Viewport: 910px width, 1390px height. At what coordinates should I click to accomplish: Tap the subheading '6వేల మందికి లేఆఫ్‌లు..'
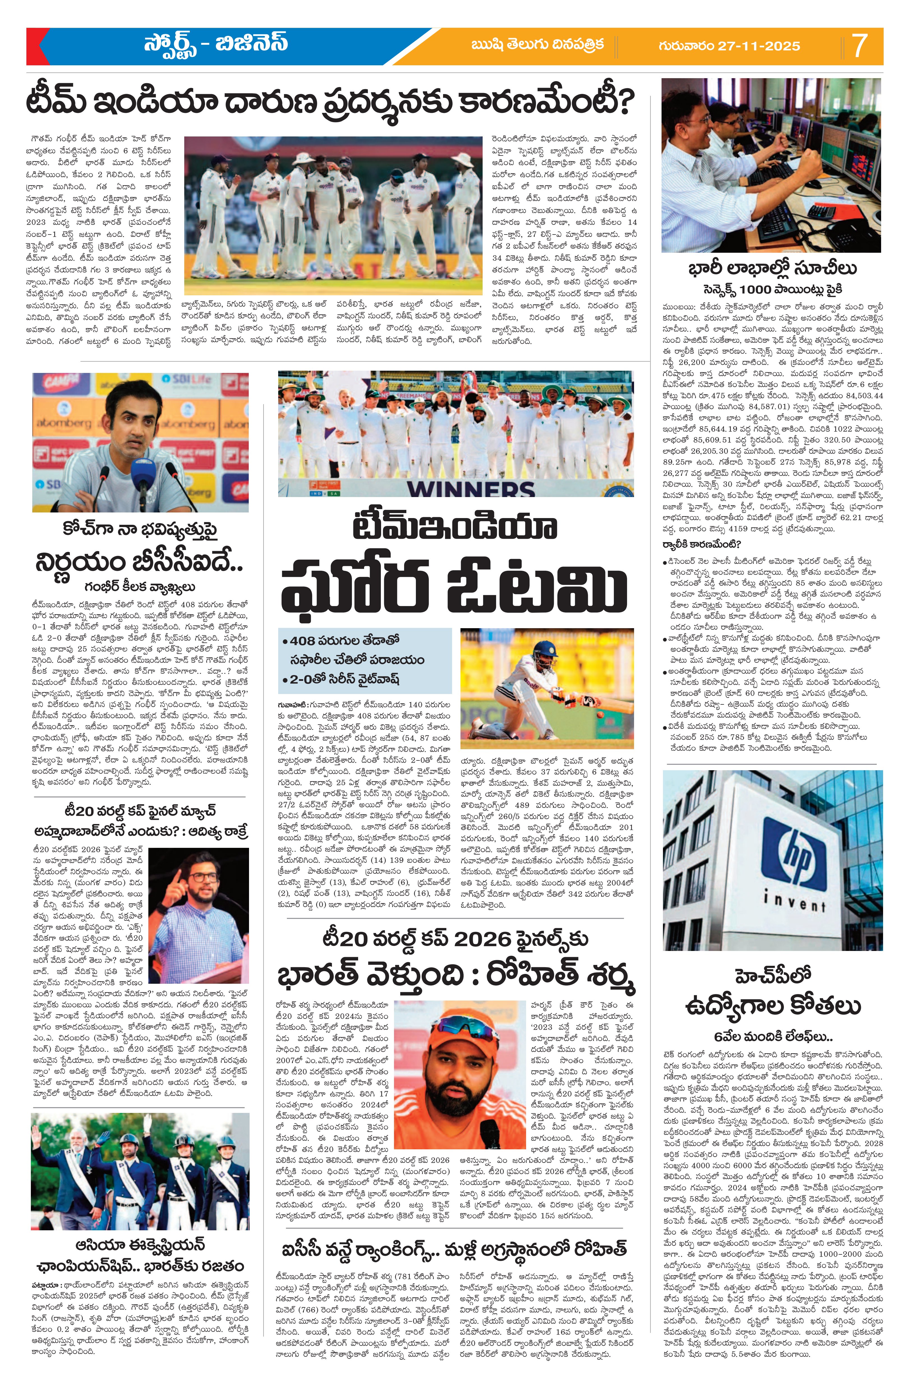pyautogui.click(x=773, y=1037)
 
